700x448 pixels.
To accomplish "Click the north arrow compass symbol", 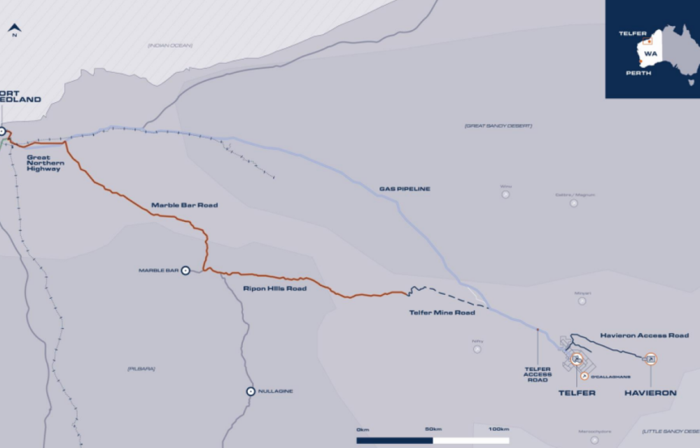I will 14,29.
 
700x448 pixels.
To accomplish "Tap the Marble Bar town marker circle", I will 185,269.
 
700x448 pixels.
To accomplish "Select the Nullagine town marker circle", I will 250,391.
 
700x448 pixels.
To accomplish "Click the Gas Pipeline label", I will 405,189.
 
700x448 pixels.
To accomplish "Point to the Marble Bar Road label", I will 184,205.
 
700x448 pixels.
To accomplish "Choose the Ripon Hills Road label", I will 274,288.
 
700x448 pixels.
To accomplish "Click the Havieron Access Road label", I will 645,335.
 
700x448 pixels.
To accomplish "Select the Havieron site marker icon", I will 651,359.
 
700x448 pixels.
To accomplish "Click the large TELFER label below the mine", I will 577,393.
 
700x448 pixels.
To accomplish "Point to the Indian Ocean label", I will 169,45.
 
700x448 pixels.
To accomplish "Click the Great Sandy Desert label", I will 498,126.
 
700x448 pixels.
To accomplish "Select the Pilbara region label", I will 141,368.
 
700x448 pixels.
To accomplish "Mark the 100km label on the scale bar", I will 498,429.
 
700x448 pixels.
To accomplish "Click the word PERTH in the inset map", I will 638,73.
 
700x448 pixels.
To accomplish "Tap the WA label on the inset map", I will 650,53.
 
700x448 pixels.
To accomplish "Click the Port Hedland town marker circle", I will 2,131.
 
